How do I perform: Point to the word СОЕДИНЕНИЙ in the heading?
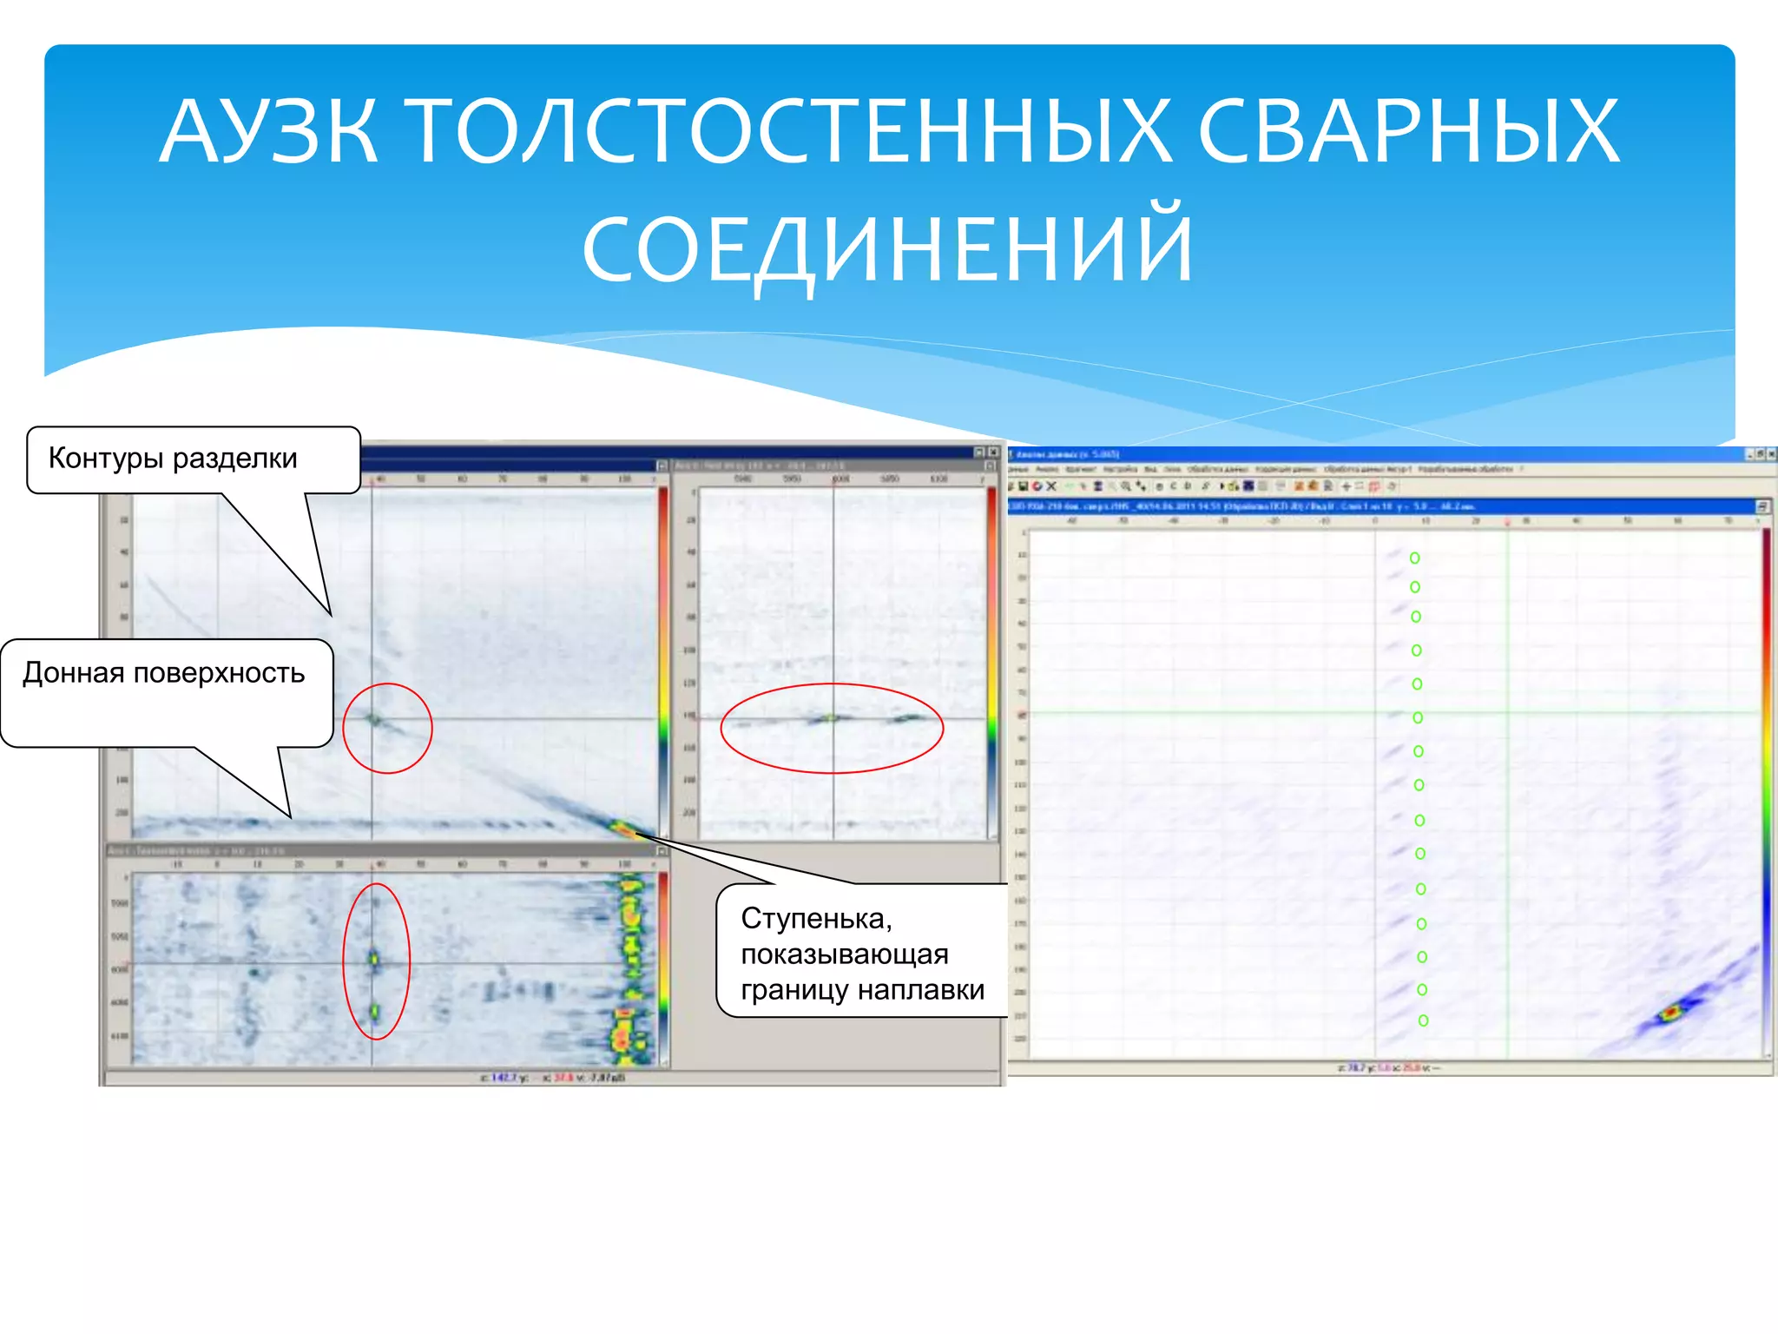tap(887, 249)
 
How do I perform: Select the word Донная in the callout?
tap(73, 673)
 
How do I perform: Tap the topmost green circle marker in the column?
tap(1414, 558)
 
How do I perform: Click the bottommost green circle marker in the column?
tap(1423, 1020)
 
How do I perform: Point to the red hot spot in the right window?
tap(1669, 1013)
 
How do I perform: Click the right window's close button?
tap(1771, 454)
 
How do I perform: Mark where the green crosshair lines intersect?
tap(1508, 713)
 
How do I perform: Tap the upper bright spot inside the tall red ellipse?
tap(374, 959)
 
